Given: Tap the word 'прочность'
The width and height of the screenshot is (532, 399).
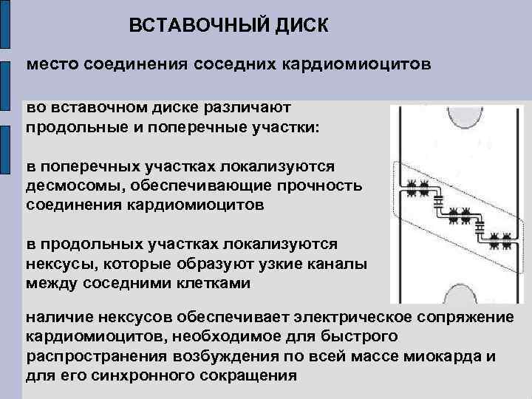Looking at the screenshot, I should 321,184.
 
